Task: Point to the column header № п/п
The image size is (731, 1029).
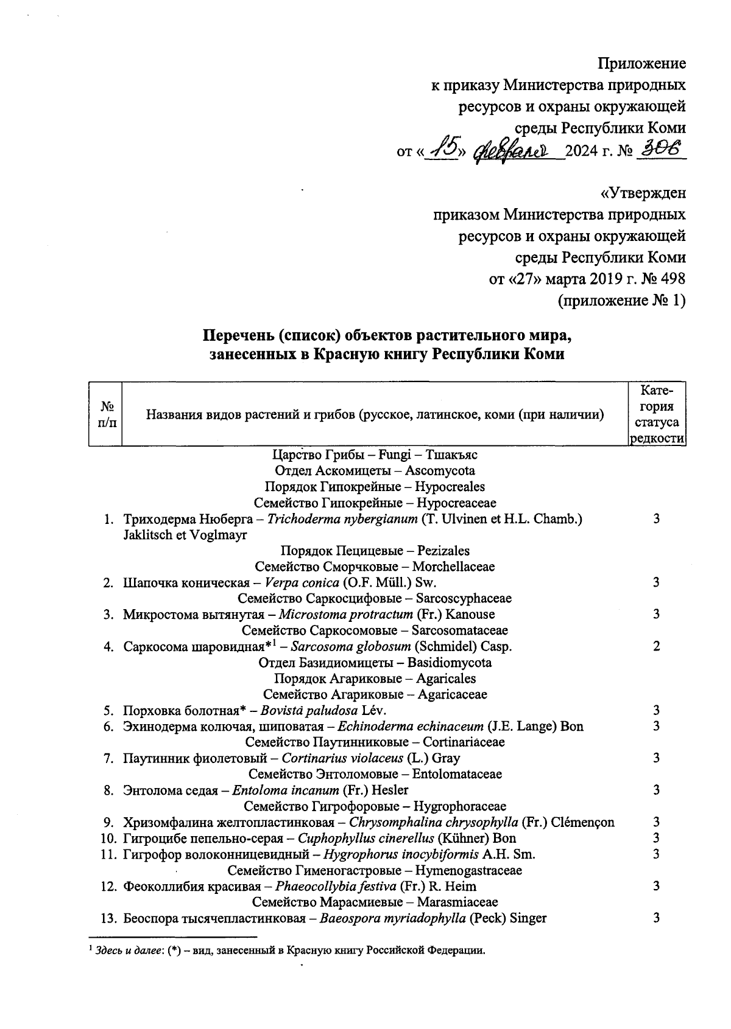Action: [105, 414]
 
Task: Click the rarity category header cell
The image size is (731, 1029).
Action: [657, 414]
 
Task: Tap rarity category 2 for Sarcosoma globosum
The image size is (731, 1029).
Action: [656, 646]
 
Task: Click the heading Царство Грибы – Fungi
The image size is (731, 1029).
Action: [375, 455]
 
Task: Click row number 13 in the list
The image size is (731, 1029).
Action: [108, 918]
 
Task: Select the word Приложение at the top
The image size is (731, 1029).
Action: [641, 63]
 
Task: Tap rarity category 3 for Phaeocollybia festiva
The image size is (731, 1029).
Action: [656, 886]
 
